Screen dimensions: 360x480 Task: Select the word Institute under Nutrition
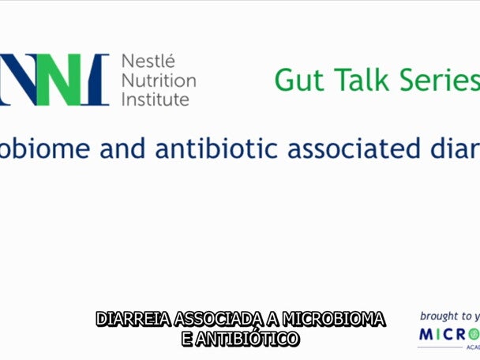(x=156, y=99)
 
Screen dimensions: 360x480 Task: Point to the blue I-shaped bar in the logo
(x=99, y=80)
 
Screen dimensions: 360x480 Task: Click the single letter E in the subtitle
(x=186, y=339)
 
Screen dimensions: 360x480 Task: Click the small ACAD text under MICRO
(x=471, y=348)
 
